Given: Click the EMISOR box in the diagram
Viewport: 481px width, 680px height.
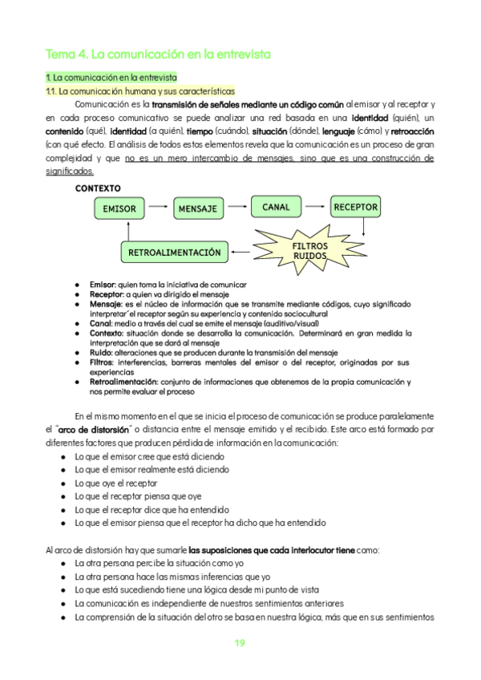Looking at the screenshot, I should pos(120,209).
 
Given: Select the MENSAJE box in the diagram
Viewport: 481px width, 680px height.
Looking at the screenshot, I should pos(198,209).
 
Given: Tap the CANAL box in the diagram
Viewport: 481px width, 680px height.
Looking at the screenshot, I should pos(277,208).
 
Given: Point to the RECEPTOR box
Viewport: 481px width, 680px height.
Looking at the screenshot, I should pos(355,207).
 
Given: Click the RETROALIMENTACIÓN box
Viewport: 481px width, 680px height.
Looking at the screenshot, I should pos(174,253).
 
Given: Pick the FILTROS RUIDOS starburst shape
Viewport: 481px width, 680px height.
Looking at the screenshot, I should pos(309,249).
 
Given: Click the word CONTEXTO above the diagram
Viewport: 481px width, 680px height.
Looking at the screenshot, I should pos(99,188).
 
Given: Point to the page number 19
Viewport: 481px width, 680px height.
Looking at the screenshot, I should pos(240,643).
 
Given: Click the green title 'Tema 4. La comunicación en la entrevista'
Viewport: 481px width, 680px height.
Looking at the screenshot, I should pos(159,55).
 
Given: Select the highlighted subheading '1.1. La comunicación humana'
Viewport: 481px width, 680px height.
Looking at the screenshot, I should pos(139,91).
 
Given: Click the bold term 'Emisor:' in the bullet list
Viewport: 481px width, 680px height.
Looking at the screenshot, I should pos(103,285).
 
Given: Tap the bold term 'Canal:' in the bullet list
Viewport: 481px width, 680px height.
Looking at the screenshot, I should pos(101,324).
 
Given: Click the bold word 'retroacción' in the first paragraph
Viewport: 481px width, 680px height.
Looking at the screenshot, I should pos(413,132).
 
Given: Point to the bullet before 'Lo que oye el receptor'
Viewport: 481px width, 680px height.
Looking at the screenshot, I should pos(63,484).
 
